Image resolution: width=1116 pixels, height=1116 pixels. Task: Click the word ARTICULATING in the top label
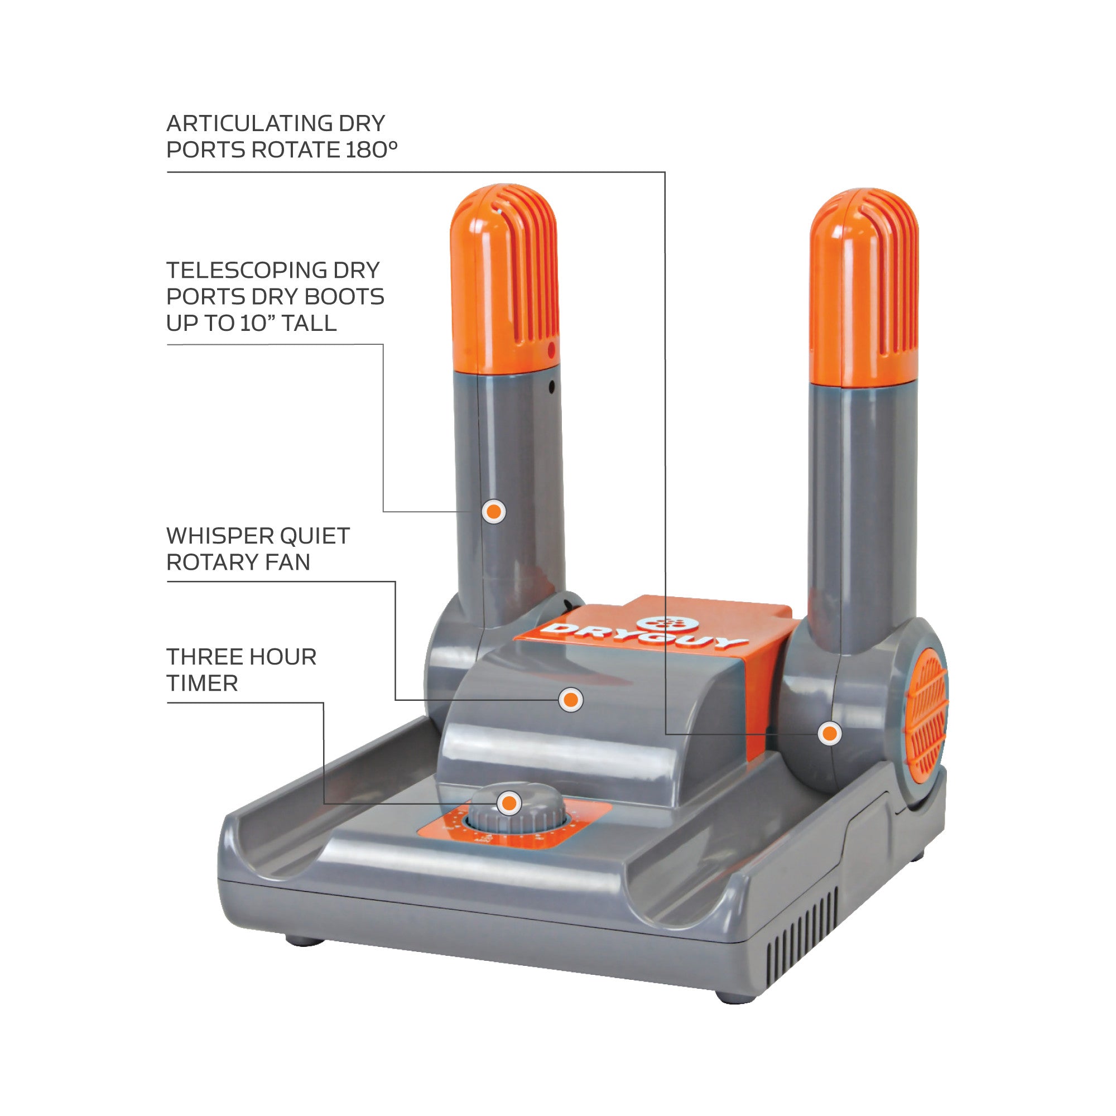pos(249,124)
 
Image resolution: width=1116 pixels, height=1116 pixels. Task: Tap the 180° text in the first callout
pos(372,150)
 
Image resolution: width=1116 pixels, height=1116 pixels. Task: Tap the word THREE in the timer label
pos(205,657)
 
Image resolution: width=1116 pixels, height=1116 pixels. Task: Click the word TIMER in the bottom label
pos(202,684)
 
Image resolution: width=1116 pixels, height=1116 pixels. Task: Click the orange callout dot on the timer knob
pos(509,803)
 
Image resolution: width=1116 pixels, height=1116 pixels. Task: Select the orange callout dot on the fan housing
pos(571,700)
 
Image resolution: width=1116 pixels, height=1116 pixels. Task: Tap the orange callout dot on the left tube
pos(494,511)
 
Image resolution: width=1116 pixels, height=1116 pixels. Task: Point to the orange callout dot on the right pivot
pos(830,733)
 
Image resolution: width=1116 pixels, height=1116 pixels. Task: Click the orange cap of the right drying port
pos(864,286)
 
